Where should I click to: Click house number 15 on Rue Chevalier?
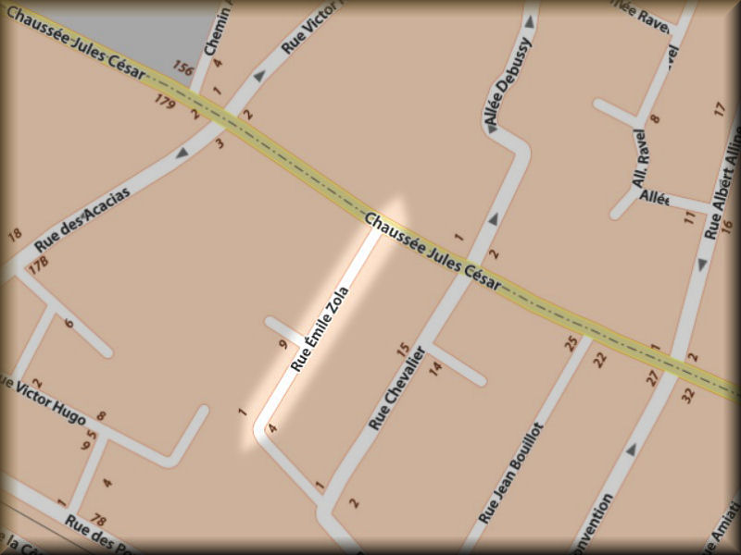point(402,350)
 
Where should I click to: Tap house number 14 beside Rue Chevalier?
point(435,367)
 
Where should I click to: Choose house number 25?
point(571,344)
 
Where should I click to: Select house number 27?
point(652,377)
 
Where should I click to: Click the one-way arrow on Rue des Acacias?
point(182,150)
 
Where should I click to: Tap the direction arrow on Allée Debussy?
point(493,218)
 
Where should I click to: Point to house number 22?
point(599,359)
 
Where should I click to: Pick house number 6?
point(69,323)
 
